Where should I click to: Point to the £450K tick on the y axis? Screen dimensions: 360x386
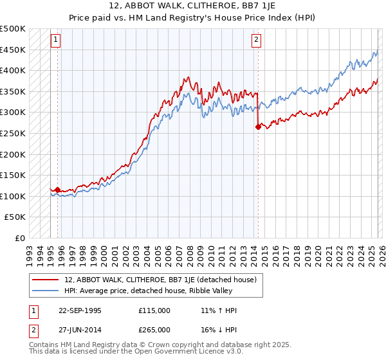pyautogui.click(x=13, y=50)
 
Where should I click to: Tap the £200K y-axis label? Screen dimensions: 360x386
pyautogui.click(x=13, y=154)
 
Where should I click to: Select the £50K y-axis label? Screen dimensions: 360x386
pyautogui.click(x=15, y=217)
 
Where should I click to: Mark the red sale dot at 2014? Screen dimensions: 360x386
pyautogui.click(x=258, y=127)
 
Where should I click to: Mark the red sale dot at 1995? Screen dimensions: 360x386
pyautogui.click(x=57, y=190)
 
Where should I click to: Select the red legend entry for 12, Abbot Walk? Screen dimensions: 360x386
pyautogui.click(x=161, y=280)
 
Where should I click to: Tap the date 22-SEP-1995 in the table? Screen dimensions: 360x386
pyautogui.click(x=79, y=310)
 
